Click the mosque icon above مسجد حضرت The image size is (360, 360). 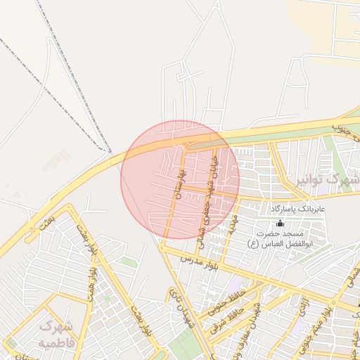[280, 223]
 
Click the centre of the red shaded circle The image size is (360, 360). [180, 180]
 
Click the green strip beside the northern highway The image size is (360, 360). [281, 136]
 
